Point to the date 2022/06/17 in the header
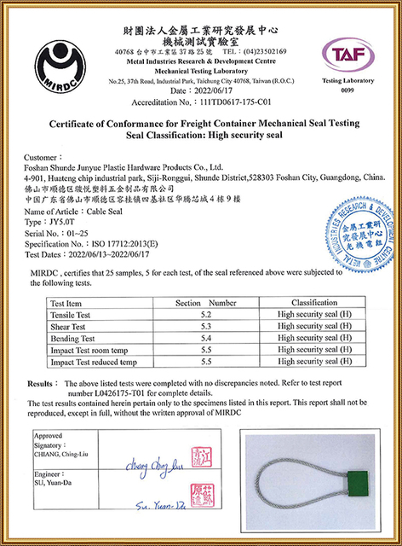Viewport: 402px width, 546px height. point(209,89)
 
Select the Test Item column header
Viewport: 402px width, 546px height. point(66,303)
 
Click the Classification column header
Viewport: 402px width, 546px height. point(314,303)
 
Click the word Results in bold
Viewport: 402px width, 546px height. point(43,384)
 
